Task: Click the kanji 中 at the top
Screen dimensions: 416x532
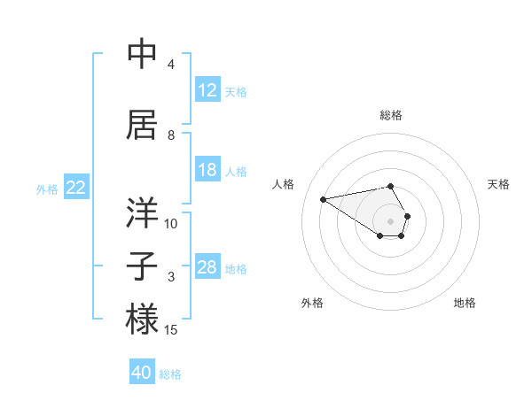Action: [142, 55]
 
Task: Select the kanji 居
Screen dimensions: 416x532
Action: [142, 125]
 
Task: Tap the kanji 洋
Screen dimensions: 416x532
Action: [142, 213]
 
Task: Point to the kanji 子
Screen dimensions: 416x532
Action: [142, 266]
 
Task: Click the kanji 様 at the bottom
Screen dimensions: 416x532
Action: [142, 319]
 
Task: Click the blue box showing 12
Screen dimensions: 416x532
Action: [207, 90]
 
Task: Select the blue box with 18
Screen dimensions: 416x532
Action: [207, 170]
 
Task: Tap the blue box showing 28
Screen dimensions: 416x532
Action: [207, 267]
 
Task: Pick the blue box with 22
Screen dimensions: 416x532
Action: [76, 188]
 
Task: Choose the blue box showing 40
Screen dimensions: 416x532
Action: [142, 373]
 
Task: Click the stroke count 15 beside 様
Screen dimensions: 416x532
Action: [171, 330]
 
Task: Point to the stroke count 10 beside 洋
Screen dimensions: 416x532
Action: [171, 224]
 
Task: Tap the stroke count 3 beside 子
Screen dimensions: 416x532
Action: [171, 277]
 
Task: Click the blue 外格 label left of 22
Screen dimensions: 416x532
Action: [46, 189]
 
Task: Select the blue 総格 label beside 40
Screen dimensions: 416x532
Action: [170, 374]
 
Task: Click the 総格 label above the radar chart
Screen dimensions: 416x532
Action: [390, 115]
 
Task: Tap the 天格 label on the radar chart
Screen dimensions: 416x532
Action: [498, 184]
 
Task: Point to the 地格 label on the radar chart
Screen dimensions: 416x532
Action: [465, 303]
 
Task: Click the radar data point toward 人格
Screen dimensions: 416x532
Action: [323, 198]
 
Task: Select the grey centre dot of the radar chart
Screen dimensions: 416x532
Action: [390, 220]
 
